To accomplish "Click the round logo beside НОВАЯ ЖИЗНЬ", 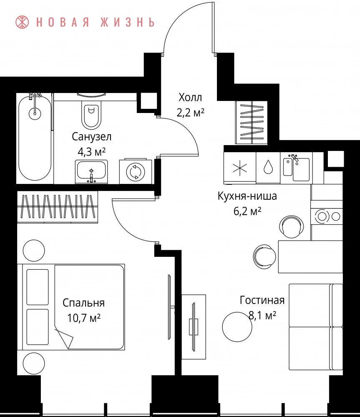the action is point(22,22).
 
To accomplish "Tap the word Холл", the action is point(190,97).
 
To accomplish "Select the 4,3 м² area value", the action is point(91,152).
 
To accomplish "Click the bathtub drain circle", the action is point(35,113).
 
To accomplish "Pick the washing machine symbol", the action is point(136,171).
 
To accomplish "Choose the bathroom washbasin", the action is point(91,171).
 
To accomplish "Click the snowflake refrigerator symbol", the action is point(240,168).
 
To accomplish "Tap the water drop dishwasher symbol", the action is point(268,168).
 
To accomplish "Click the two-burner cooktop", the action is point(327,216).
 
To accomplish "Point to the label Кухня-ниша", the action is point(247,196).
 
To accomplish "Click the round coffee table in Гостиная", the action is point(237,327).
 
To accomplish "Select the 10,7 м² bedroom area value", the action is point(84,317).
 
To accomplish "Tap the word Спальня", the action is point(83,303).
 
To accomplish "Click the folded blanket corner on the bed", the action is point(64,337).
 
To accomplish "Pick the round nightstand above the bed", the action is point(34,251).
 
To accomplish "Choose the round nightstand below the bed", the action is point(34,363).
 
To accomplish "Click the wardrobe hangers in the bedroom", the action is point(58,207).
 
